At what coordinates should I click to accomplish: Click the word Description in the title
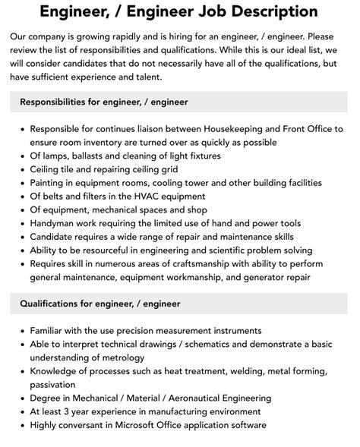coord(252,11)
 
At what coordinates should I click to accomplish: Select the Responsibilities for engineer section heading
coord(104,101)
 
